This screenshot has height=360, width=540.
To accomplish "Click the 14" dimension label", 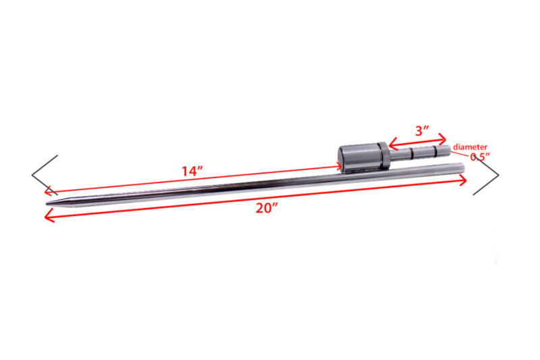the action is pyautogui.click(x=192, y=171).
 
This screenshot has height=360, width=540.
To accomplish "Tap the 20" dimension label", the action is pyautogui.click(x=267, y=208).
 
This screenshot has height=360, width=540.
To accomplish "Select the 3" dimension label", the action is pyautogui.click(x=423, y=130).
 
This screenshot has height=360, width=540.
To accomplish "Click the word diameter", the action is pyautogui.click(x=470, y=147).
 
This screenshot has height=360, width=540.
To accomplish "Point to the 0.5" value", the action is pyautogui.click(x=480, y=157).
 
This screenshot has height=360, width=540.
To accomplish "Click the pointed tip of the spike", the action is pyautogui.click(x=47, y=203).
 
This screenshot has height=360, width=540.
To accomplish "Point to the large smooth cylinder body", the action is pyautogui.click(x=358, y=159).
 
